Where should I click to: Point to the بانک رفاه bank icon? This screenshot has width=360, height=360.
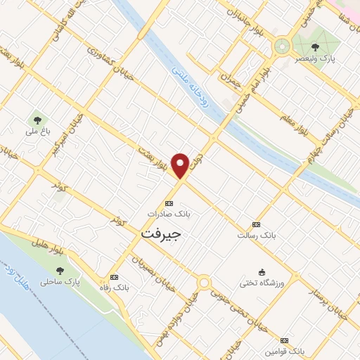tap(114, 277)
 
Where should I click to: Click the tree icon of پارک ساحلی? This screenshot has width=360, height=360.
tap(60, 270)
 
